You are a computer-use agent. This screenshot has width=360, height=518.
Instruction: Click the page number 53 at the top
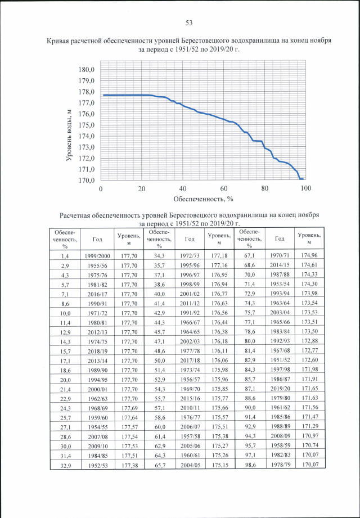189,22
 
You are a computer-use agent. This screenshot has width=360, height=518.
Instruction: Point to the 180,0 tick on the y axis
87,70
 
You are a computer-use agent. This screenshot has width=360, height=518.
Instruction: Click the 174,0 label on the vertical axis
87,136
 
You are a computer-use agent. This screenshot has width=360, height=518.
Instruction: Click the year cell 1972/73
188,256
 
